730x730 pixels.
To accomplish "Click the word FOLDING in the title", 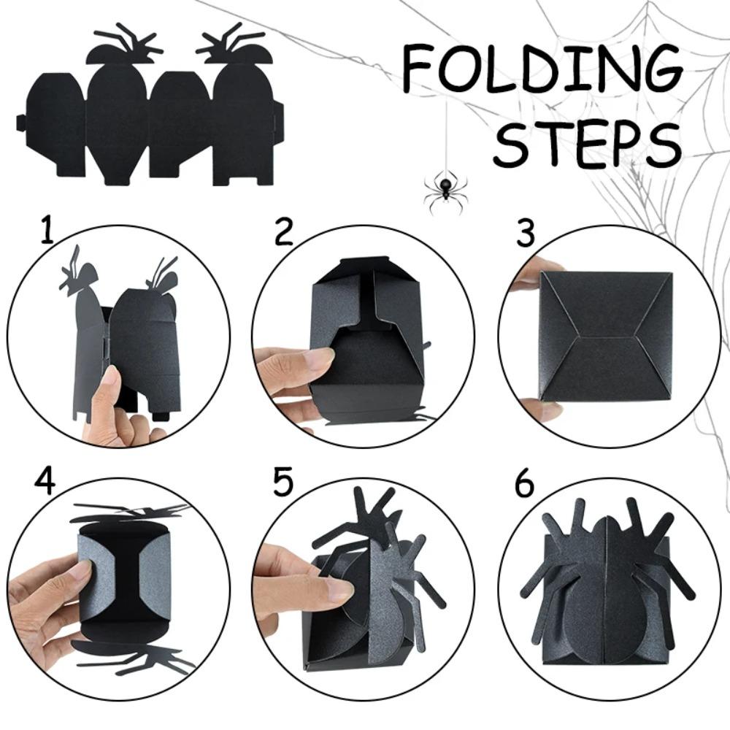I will [x=542, y=67].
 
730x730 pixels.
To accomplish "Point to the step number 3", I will [x=525, y=231].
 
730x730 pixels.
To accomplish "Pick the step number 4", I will [x=45, y=482].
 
